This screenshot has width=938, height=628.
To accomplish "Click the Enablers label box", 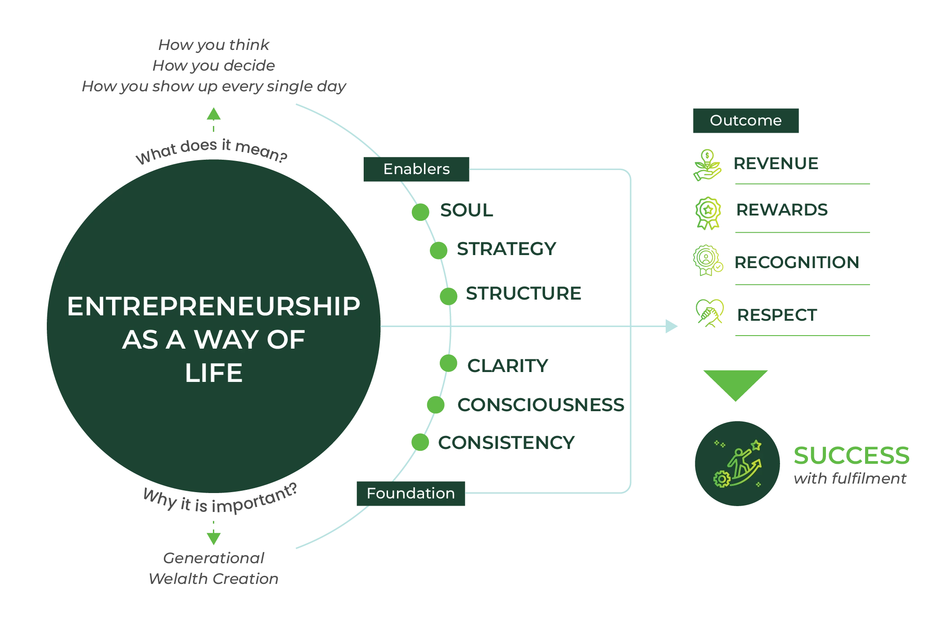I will coord(417,169).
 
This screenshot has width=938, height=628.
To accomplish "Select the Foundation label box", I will coord(411,493).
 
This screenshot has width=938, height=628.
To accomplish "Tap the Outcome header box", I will coord(745,121).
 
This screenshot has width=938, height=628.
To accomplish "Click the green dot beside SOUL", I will coord(420,212).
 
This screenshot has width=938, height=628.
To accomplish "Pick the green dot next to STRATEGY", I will coord(439,251).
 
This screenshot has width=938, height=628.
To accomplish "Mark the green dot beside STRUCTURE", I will coord(448,296).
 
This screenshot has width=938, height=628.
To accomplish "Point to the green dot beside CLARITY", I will coord(448,363).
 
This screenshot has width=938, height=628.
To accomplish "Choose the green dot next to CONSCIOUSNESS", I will coord(436,405).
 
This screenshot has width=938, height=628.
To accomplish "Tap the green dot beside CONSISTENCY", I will coord(420,442).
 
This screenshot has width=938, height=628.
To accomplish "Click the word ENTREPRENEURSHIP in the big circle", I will coord(214,307).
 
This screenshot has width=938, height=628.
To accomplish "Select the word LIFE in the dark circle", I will coord(214,373).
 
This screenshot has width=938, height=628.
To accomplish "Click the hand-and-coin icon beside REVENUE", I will coord(707,166).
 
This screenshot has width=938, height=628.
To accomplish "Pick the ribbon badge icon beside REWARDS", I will coord(708,212).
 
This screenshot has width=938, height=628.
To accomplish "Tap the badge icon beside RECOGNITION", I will coord(707,260).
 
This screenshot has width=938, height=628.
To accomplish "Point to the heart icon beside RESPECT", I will coord(709,312).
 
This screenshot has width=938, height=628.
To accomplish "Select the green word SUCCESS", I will coord(851,455).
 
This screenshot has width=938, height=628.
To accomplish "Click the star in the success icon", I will coord(756,445).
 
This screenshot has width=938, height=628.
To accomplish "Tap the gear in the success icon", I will coord(722,479).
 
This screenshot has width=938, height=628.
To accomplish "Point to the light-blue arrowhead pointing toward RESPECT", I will coord(671,325).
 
